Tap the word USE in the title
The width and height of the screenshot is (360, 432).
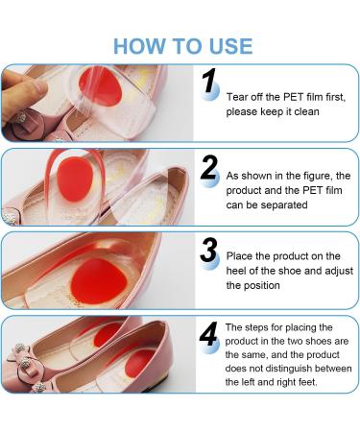(226, 45)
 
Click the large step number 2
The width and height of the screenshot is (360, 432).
(210, 168)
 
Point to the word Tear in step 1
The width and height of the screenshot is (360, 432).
(237, 97)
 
